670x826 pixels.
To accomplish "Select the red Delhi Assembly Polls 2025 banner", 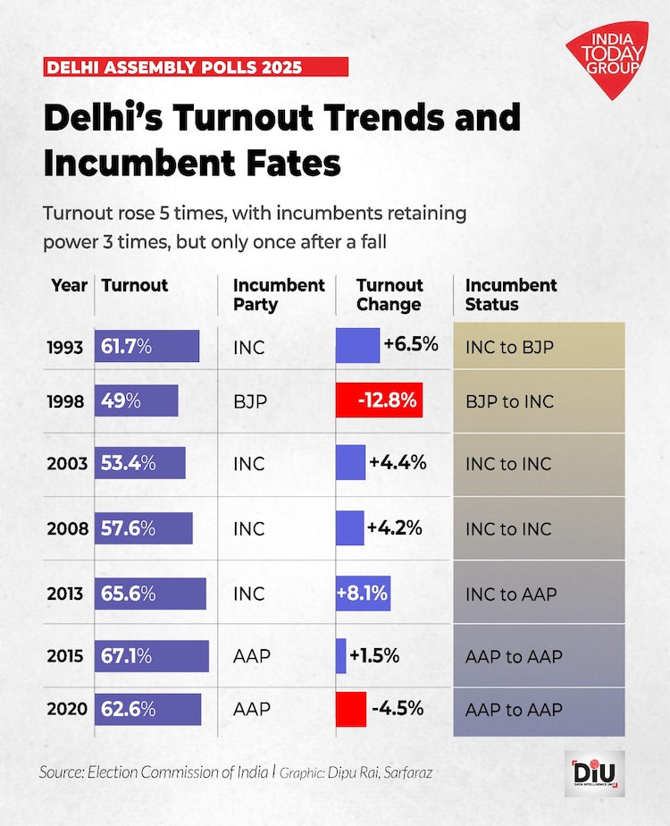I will pos(196,67).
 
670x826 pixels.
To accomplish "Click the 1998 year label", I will pos(67,401).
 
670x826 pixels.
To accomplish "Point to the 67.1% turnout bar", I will pos(151,656).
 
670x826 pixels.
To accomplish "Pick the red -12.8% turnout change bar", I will pos(379,401).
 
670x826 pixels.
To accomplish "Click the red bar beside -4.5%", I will pos(351,709).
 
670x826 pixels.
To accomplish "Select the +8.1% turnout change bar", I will pos(363,593).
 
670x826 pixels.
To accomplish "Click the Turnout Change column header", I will pos(389,295).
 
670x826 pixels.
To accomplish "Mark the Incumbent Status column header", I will pos(511,295).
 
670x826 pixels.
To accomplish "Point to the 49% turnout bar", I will pos(137,401).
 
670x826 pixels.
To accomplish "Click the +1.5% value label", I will pos(374,655).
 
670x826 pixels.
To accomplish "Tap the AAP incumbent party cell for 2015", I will pos(251,656).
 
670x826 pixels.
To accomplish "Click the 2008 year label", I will pos(67,528).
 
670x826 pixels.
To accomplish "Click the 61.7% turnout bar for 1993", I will pos(147,346).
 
